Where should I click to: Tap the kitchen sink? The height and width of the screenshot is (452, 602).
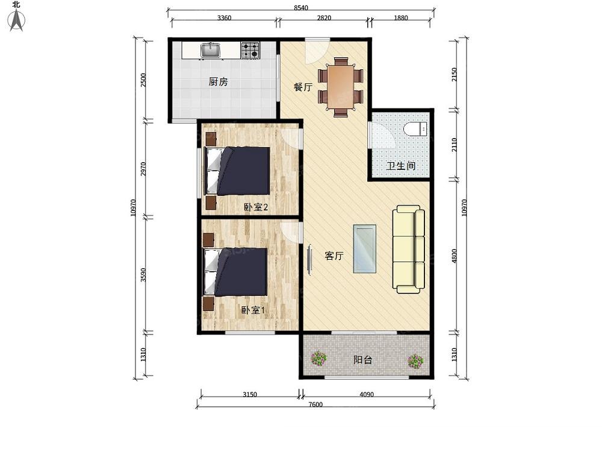pyautogui.click(x=210, y=51)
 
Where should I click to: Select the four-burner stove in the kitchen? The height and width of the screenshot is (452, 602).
pyautogui.click(x=250, y=51)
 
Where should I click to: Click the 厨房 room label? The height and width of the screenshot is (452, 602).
pyautogui.click(x=218, y=81)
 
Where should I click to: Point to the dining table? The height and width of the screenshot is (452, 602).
pyautogui.click(x=340, y=87)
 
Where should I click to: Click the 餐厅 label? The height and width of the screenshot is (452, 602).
pyautogui.click(x=303, y=87)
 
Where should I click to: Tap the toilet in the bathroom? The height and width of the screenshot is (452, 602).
pyautogui.click(x=415, y=128)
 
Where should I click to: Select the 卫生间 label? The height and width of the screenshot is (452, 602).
pyautogui.click(x=400, y=166)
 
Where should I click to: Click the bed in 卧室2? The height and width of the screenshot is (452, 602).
pyautogui.click(x=238, y=171)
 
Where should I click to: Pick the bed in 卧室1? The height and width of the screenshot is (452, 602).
pyautogui.click(x=235, y=272)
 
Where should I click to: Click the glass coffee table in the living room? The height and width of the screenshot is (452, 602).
pyautogui.click(x=364, y=249)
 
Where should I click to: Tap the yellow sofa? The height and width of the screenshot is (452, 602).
pyautogui.click(x=409, y=249)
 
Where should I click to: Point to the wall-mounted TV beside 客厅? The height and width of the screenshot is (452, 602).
pyautogui.click(x=309, y=260)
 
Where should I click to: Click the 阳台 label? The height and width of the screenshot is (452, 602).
pyautogui.click(x=362, y=360)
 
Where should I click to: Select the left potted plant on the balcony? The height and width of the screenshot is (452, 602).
pyautogui.click(x=318, y=359)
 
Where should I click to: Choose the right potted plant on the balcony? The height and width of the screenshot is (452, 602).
pyautogui.click(x=415, y=361)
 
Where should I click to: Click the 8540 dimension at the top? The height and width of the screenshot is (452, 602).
pyautogui.click(x=301, y=7)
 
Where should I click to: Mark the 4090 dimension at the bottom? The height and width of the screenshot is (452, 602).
pyautogui.click(x=367, y=394)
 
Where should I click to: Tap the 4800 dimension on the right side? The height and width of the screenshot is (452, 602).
pyautogui.click(x=455, y=256)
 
